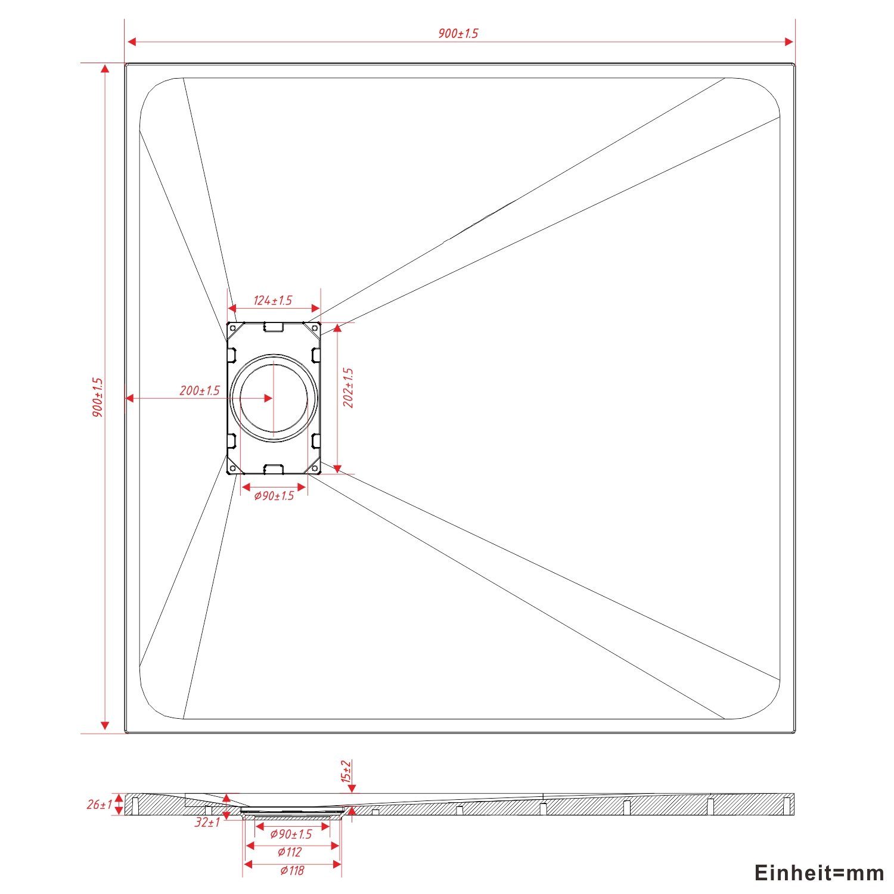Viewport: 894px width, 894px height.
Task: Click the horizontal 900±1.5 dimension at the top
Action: click(x=458, y=33)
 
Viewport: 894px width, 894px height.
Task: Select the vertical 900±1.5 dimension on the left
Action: click(x=98, y=397)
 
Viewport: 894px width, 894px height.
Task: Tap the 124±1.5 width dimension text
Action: click(x=273, y=300)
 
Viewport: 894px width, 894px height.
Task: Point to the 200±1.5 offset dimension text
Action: click(x=200, y=391)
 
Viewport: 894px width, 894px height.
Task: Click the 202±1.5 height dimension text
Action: click(x=349, y=387)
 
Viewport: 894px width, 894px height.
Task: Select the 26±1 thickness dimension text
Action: click(x=99, y=805)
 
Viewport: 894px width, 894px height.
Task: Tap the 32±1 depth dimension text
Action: click(x=207, y=823)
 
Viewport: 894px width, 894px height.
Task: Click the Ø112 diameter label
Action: click(x=291, y=853)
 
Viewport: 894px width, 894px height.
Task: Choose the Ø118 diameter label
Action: click(x=292, y=871)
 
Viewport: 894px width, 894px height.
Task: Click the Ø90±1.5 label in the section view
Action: click(x=291, y=834)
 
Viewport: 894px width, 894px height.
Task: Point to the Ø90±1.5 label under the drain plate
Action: click(x=274, y=496)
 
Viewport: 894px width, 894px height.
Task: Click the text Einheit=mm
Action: click(x=819, y=873)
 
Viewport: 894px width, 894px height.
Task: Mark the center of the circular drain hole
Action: click(x=274, y=398)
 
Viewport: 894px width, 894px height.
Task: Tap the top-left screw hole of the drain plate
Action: click(x=232, y=327)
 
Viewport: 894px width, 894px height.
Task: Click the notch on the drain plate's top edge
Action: click(x=274, y=327)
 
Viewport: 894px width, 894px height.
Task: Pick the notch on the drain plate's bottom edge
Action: click(x=274, y=469)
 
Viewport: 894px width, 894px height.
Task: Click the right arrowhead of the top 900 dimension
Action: click(x=789, y=42)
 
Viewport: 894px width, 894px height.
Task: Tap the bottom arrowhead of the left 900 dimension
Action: click(x=105, y=725)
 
